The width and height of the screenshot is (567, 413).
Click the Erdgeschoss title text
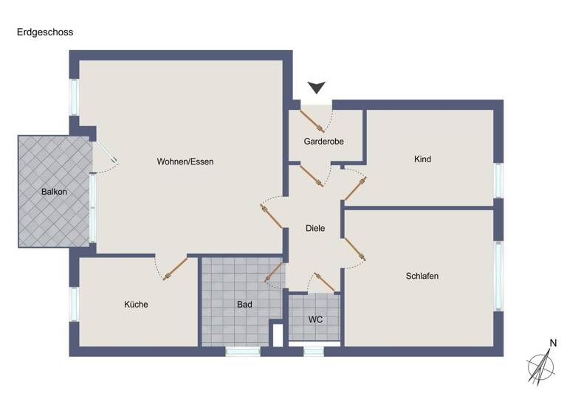[45, 32]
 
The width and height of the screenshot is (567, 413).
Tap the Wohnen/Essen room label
[185, 162]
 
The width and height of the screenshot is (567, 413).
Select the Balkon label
[55, 192]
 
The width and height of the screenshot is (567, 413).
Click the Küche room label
[136, 304]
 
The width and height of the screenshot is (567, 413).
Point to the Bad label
[244, 304]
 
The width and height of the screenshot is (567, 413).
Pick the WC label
[315, 319]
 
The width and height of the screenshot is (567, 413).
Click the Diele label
[315, 229]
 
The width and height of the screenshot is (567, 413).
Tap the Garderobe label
[324, 141]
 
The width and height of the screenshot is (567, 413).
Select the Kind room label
[423, 159]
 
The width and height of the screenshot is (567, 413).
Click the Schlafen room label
[422, 276]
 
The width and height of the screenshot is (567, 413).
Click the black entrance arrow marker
[317, 88]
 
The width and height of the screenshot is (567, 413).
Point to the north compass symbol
[542, 367]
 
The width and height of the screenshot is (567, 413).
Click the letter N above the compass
[552, 342]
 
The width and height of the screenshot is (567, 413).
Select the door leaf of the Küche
[176, 268]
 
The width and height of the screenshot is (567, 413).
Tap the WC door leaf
[326, 282]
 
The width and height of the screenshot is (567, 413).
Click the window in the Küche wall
[74, 304]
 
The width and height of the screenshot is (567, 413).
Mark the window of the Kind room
[498, 180]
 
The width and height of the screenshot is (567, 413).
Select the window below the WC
[314, 352]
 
